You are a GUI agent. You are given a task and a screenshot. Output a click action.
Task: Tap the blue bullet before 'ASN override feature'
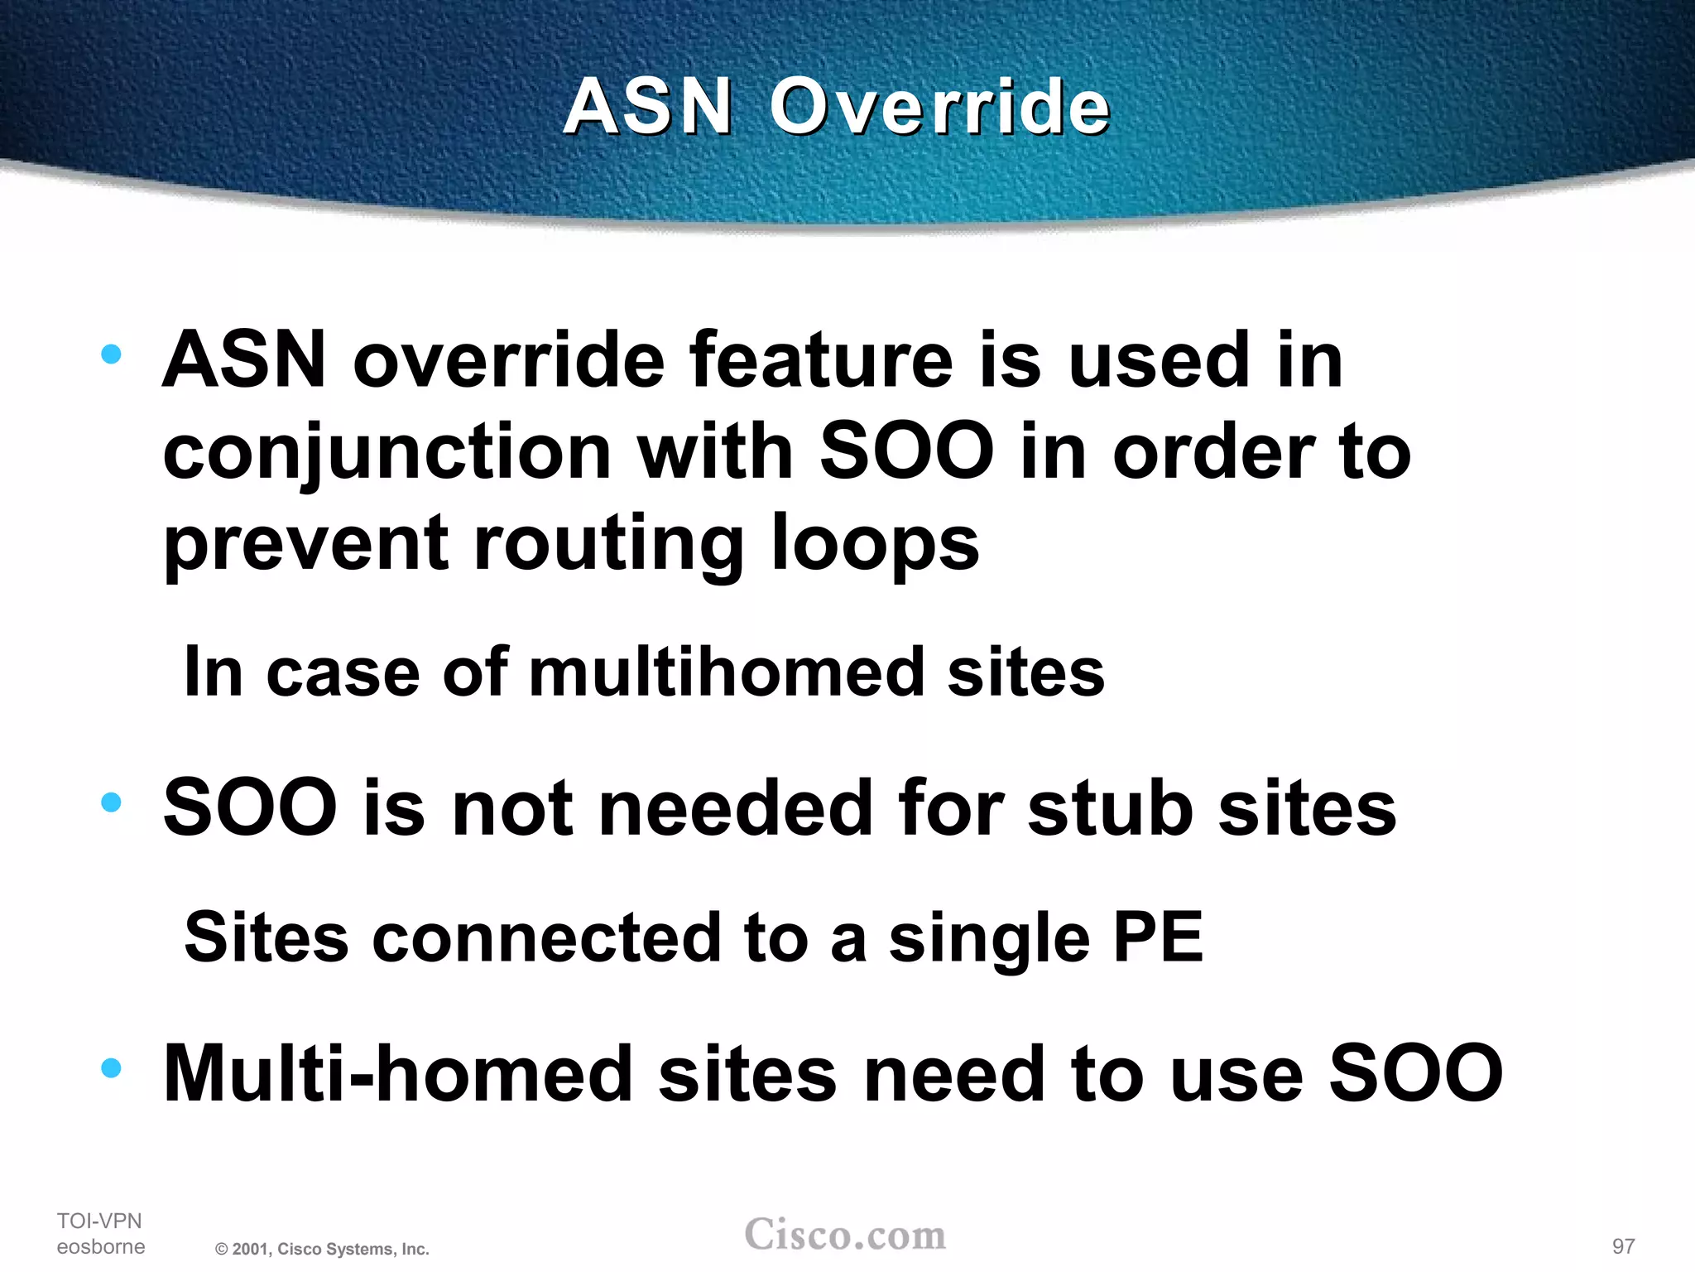[111, 354]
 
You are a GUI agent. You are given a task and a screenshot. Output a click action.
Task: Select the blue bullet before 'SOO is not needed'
[111, 802]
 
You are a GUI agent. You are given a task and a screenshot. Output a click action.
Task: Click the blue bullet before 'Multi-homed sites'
[111, 1067]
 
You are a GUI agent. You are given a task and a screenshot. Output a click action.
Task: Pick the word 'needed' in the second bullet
[734, 808]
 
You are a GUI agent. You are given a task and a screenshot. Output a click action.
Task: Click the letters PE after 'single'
[1158, 937]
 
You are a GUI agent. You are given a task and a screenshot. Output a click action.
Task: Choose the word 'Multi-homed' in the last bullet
[398, 1074]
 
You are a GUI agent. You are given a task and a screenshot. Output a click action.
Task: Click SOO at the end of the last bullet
[1415, 1074]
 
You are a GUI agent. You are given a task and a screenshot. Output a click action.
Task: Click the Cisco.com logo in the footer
[845, 1235]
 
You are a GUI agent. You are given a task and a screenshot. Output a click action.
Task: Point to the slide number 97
[1623, 1246]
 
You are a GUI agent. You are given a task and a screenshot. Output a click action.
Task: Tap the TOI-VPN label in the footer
[99, 1221]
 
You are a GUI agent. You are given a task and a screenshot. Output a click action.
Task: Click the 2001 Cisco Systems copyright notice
[322, 1249]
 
